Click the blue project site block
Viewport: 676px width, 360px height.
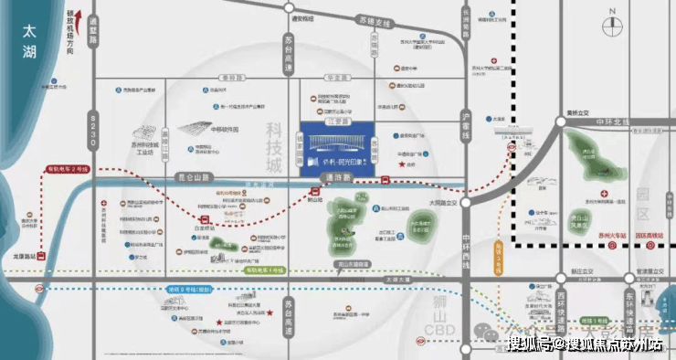pyautogui.click(x=347, y=144)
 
